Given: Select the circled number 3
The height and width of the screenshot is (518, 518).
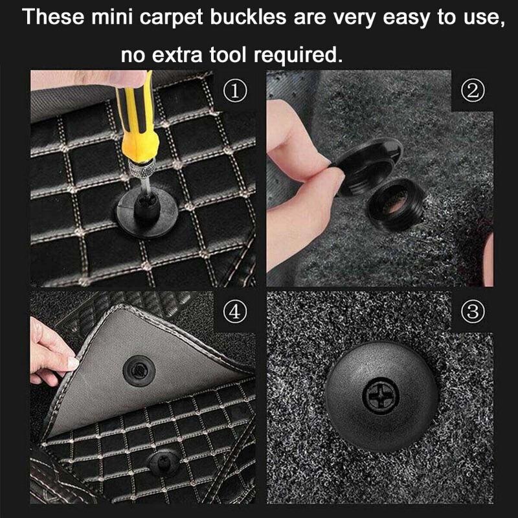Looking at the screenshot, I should (472, 311).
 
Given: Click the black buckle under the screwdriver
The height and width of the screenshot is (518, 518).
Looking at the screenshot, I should (147, 209).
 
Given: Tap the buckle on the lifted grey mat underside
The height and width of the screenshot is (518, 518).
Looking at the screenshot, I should (139, 370).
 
